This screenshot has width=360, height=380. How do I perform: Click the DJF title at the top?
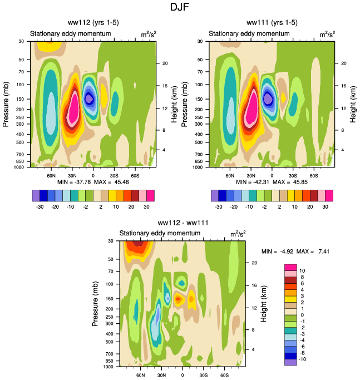180,8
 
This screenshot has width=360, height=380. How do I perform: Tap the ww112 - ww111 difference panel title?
182,223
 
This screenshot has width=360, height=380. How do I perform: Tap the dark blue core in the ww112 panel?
89,98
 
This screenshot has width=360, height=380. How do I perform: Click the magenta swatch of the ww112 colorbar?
150,195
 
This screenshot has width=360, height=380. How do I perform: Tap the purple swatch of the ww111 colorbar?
215,195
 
